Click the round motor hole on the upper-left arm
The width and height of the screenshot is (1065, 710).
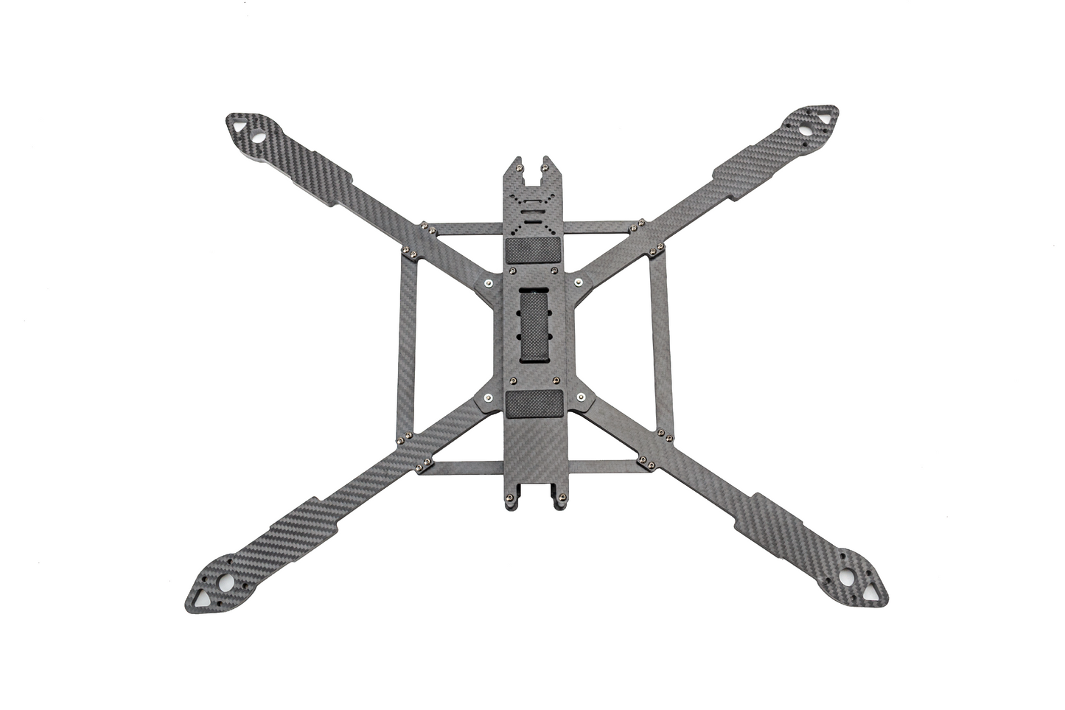(x=260, y=136)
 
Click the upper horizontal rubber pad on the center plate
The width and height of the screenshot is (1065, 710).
(x=534, y=250)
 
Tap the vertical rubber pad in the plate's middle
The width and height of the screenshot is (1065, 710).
(x=534, y=326)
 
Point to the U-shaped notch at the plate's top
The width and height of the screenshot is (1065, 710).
(x=534, y=171)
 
